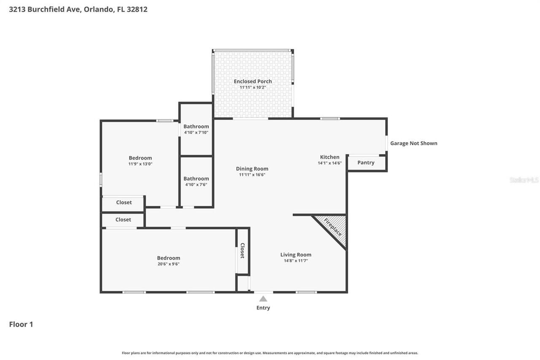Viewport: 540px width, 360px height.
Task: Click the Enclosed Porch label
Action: pyautogui.click(x=253, y=81)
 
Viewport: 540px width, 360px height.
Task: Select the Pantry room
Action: pyautogui.click(x=366, y=162)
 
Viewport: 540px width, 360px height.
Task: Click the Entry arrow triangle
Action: pyautogui.click(x=263, y=299)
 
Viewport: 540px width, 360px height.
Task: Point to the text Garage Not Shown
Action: pyautogui.click(x=413, y=143)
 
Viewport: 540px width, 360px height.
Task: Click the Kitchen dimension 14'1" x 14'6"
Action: pyautogui.click(x=329, y=163)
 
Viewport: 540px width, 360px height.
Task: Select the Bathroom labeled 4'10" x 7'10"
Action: pyautogui.click(x=196, y=129)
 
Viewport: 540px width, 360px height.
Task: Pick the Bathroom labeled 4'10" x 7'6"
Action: pyautogui.click(x=196, y=181)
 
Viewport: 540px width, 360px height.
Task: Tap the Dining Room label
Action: pyautogui.click(x=252, y=169)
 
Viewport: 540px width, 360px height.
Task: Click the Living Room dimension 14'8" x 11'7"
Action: pyautogui.click(x=296, y=261)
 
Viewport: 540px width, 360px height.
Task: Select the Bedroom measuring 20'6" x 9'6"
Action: pyautogui.click(x=168, y=260)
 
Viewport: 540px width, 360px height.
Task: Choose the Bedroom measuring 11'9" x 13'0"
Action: pyautogui.click(x=140, y=160)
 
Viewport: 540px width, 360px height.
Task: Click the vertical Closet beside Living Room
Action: pyautogui.click(x=243, y=251)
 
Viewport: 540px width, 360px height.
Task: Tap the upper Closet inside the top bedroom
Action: pyautogui.click(x=124, y=203)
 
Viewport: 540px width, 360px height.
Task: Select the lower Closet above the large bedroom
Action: pyautogui.click(x=123, y=220)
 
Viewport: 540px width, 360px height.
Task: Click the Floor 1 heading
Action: pyautogui.click(x=21, y=324)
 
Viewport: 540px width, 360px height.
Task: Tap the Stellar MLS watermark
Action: pyautogui.click(x=524, y=180)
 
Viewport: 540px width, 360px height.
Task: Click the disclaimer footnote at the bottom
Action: pyautogui.click(x=270, y=353)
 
